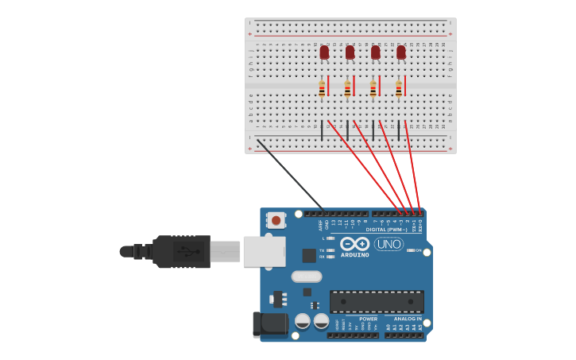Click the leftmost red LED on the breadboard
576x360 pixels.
point(324,52)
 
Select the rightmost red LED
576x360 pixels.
point(401,52)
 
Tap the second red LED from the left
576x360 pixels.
point(350,52)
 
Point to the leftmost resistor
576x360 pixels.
point(322,88)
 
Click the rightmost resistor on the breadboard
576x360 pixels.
point(399,88)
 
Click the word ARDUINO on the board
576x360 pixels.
point(355,255)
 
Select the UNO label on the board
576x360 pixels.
point(389,244)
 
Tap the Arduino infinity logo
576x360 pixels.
point(355,243)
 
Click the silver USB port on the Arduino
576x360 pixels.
point(264,251)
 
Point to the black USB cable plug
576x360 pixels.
point(182,251)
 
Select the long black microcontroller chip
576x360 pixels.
point(377,301)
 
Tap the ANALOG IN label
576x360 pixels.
point(408,319)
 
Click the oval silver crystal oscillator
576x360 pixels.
point(306,277)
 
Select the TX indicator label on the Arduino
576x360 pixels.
point(322,250)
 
